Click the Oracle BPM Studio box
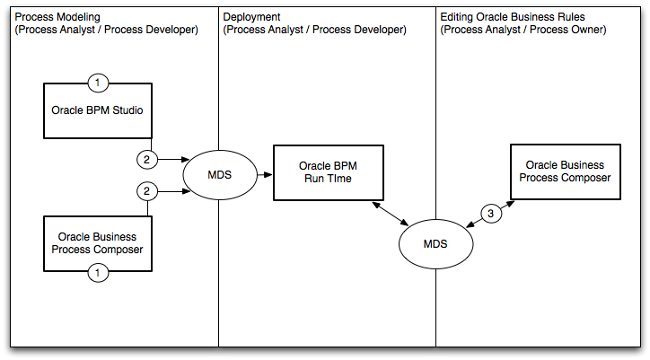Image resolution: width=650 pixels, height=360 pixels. (98, 110)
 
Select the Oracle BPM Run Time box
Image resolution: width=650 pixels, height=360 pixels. (329, 171)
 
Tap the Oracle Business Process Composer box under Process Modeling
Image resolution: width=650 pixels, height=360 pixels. (98, 242)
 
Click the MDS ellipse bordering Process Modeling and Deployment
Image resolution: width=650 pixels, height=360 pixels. (218, 173)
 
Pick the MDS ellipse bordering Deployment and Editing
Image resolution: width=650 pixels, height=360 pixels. (435, 242)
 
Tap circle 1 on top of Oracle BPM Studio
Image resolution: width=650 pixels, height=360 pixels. (99, 83)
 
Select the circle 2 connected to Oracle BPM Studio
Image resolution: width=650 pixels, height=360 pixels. (147, 159)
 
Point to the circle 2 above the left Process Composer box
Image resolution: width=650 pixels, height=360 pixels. (147, 190)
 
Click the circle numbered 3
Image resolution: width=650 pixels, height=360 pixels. (489, 215)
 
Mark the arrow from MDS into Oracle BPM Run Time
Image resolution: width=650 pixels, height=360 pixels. (264, 173)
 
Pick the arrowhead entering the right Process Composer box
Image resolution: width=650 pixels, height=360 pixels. (510, 202)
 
